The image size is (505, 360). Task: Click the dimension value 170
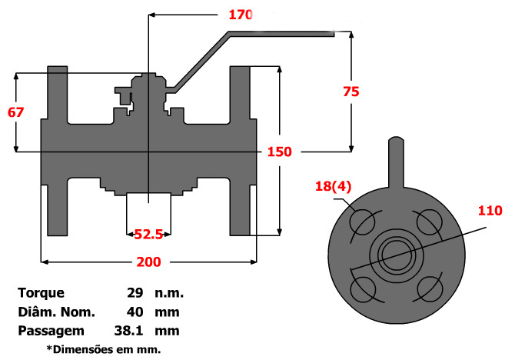(x=241, y=14)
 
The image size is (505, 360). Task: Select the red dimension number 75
(x=351, y=90)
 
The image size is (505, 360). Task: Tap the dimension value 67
(x=15, y=112)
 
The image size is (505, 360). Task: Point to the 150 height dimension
(x=279, y=152)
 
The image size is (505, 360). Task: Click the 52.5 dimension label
(x=148, y=232)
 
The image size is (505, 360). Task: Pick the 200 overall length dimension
(x=148, y=262)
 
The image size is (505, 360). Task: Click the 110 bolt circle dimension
(x=489, y=210)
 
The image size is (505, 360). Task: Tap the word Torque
(x=41, y=293)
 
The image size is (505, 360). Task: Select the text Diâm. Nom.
(x=55, y=312)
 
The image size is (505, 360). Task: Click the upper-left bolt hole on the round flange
(x=362, y=222)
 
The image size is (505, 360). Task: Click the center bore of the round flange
(x=395, y=255)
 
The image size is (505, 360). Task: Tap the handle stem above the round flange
(x=395, y=162)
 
